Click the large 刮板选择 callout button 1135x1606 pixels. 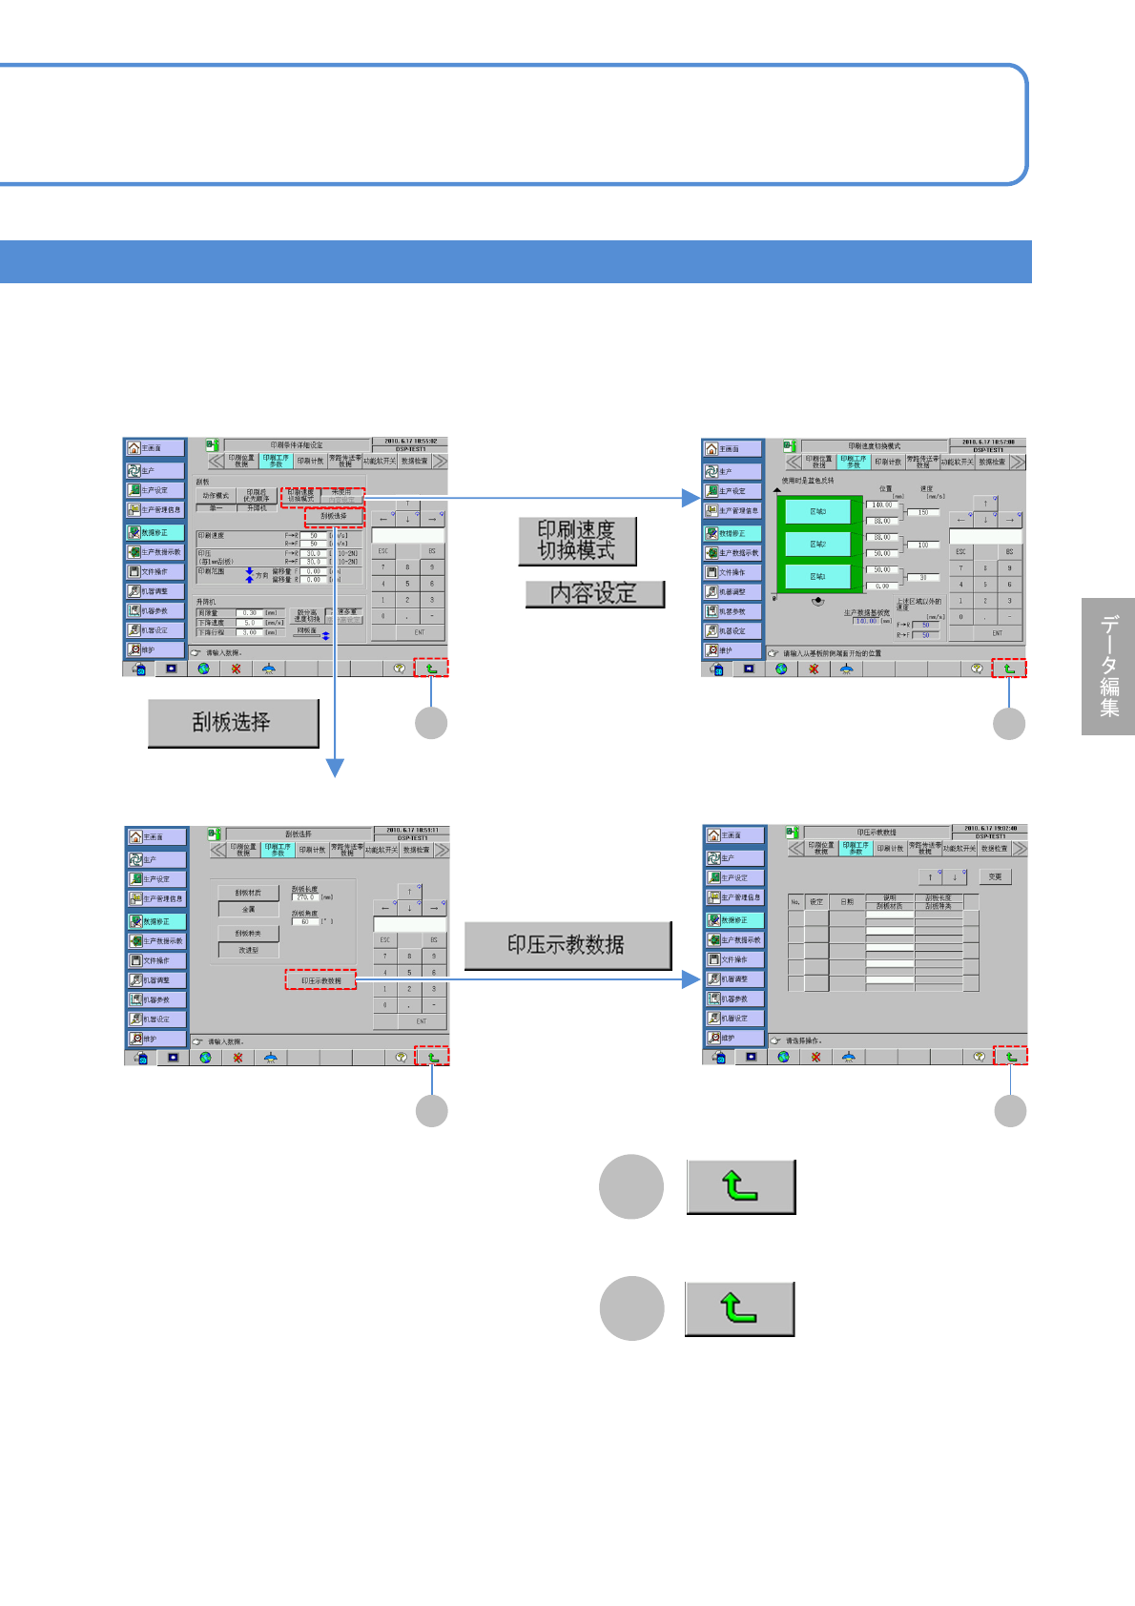(x=233, y=723)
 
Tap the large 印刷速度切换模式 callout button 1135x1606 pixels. (x=577, y=541)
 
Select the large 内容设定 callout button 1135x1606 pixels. (x=594, y=593)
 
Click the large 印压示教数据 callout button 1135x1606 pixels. (x=567, y=945)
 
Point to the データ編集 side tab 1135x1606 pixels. (x=1108, y=666)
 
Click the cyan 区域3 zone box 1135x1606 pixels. (x=817, y=511)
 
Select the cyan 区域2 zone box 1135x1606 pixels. (x=817, y=544)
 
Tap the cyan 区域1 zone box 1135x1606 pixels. (x=817, y=576)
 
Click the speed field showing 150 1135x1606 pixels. (x=922, y=512)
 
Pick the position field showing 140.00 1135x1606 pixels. (x=880, y=505)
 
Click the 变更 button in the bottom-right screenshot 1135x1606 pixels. (x=995, y=876)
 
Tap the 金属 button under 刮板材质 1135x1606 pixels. (x=248, y=909)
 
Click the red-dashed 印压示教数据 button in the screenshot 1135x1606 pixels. (x=321, y=979)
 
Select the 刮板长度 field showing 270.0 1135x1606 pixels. (x=305, y=897)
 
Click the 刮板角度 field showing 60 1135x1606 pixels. (x=305, y=922)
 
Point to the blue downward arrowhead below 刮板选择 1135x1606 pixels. (x=335, y=767)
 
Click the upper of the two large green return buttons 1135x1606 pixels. (x=740, y=1186)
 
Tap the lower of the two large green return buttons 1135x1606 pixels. (x=739, y=1308)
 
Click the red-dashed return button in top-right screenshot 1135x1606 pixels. (x=1009, y=669)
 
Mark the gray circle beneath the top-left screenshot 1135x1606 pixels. (x=431, y=723)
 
